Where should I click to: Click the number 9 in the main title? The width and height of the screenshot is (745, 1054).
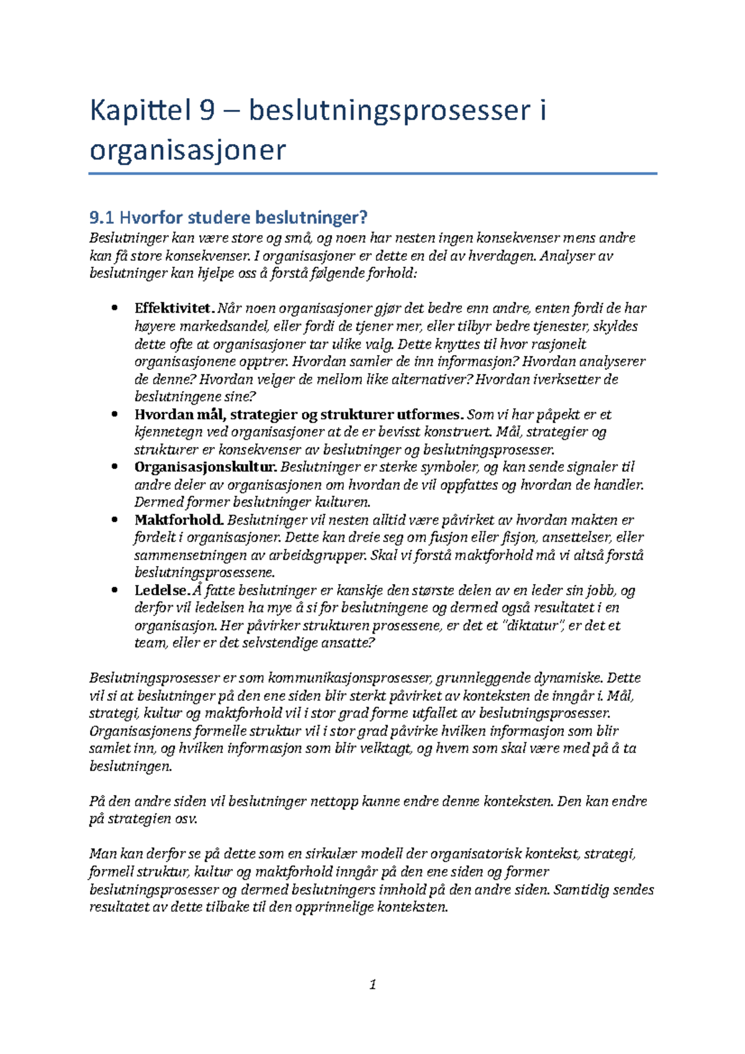pos(207,110)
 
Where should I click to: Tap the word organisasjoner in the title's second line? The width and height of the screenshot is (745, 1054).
pos(187,150)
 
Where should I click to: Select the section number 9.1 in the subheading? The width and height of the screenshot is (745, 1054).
pos(101,217)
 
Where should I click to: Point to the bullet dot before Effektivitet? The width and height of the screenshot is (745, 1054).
pos(114,309)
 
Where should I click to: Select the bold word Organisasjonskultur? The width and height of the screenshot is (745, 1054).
pos(205,467)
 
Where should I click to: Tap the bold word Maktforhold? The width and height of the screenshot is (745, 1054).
pos(179,520)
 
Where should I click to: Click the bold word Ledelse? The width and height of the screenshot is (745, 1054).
pos(161,590)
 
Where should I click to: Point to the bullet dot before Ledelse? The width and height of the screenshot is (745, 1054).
pos(114,590)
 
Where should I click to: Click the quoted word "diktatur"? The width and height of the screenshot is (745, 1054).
pos(533,626)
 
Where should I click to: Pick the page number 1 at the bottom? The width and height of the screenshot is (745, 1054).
pos(372,984)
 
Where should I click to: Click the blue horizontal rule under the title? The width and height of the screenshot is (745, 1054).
pos(372,174)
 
